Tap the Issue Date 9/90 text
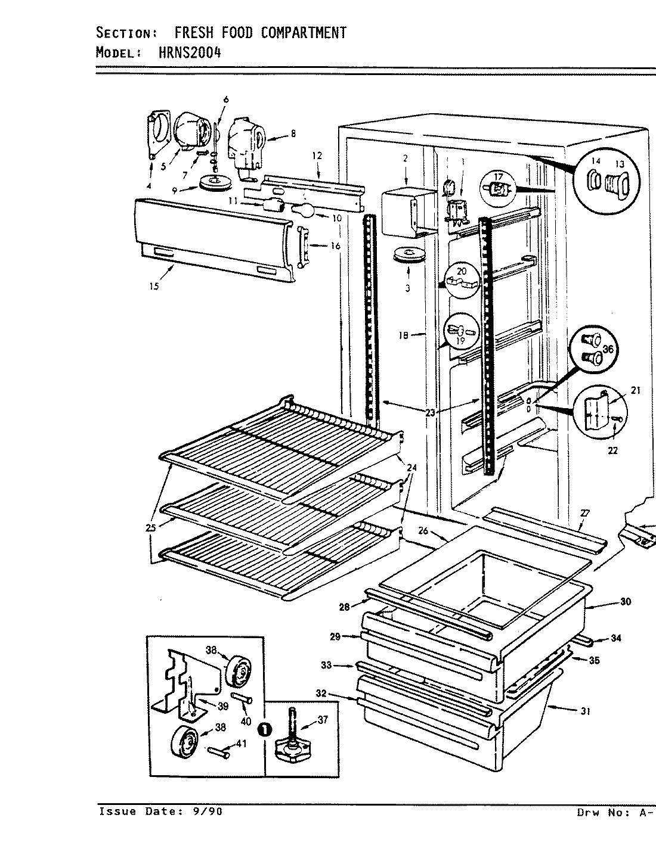coord(160,812)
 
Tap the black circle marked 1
coord(262,729)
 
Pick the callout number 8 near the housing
coord(293,135)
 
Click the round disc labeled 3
coord(409,257)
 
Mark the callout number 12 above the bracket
coord(317,156)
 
